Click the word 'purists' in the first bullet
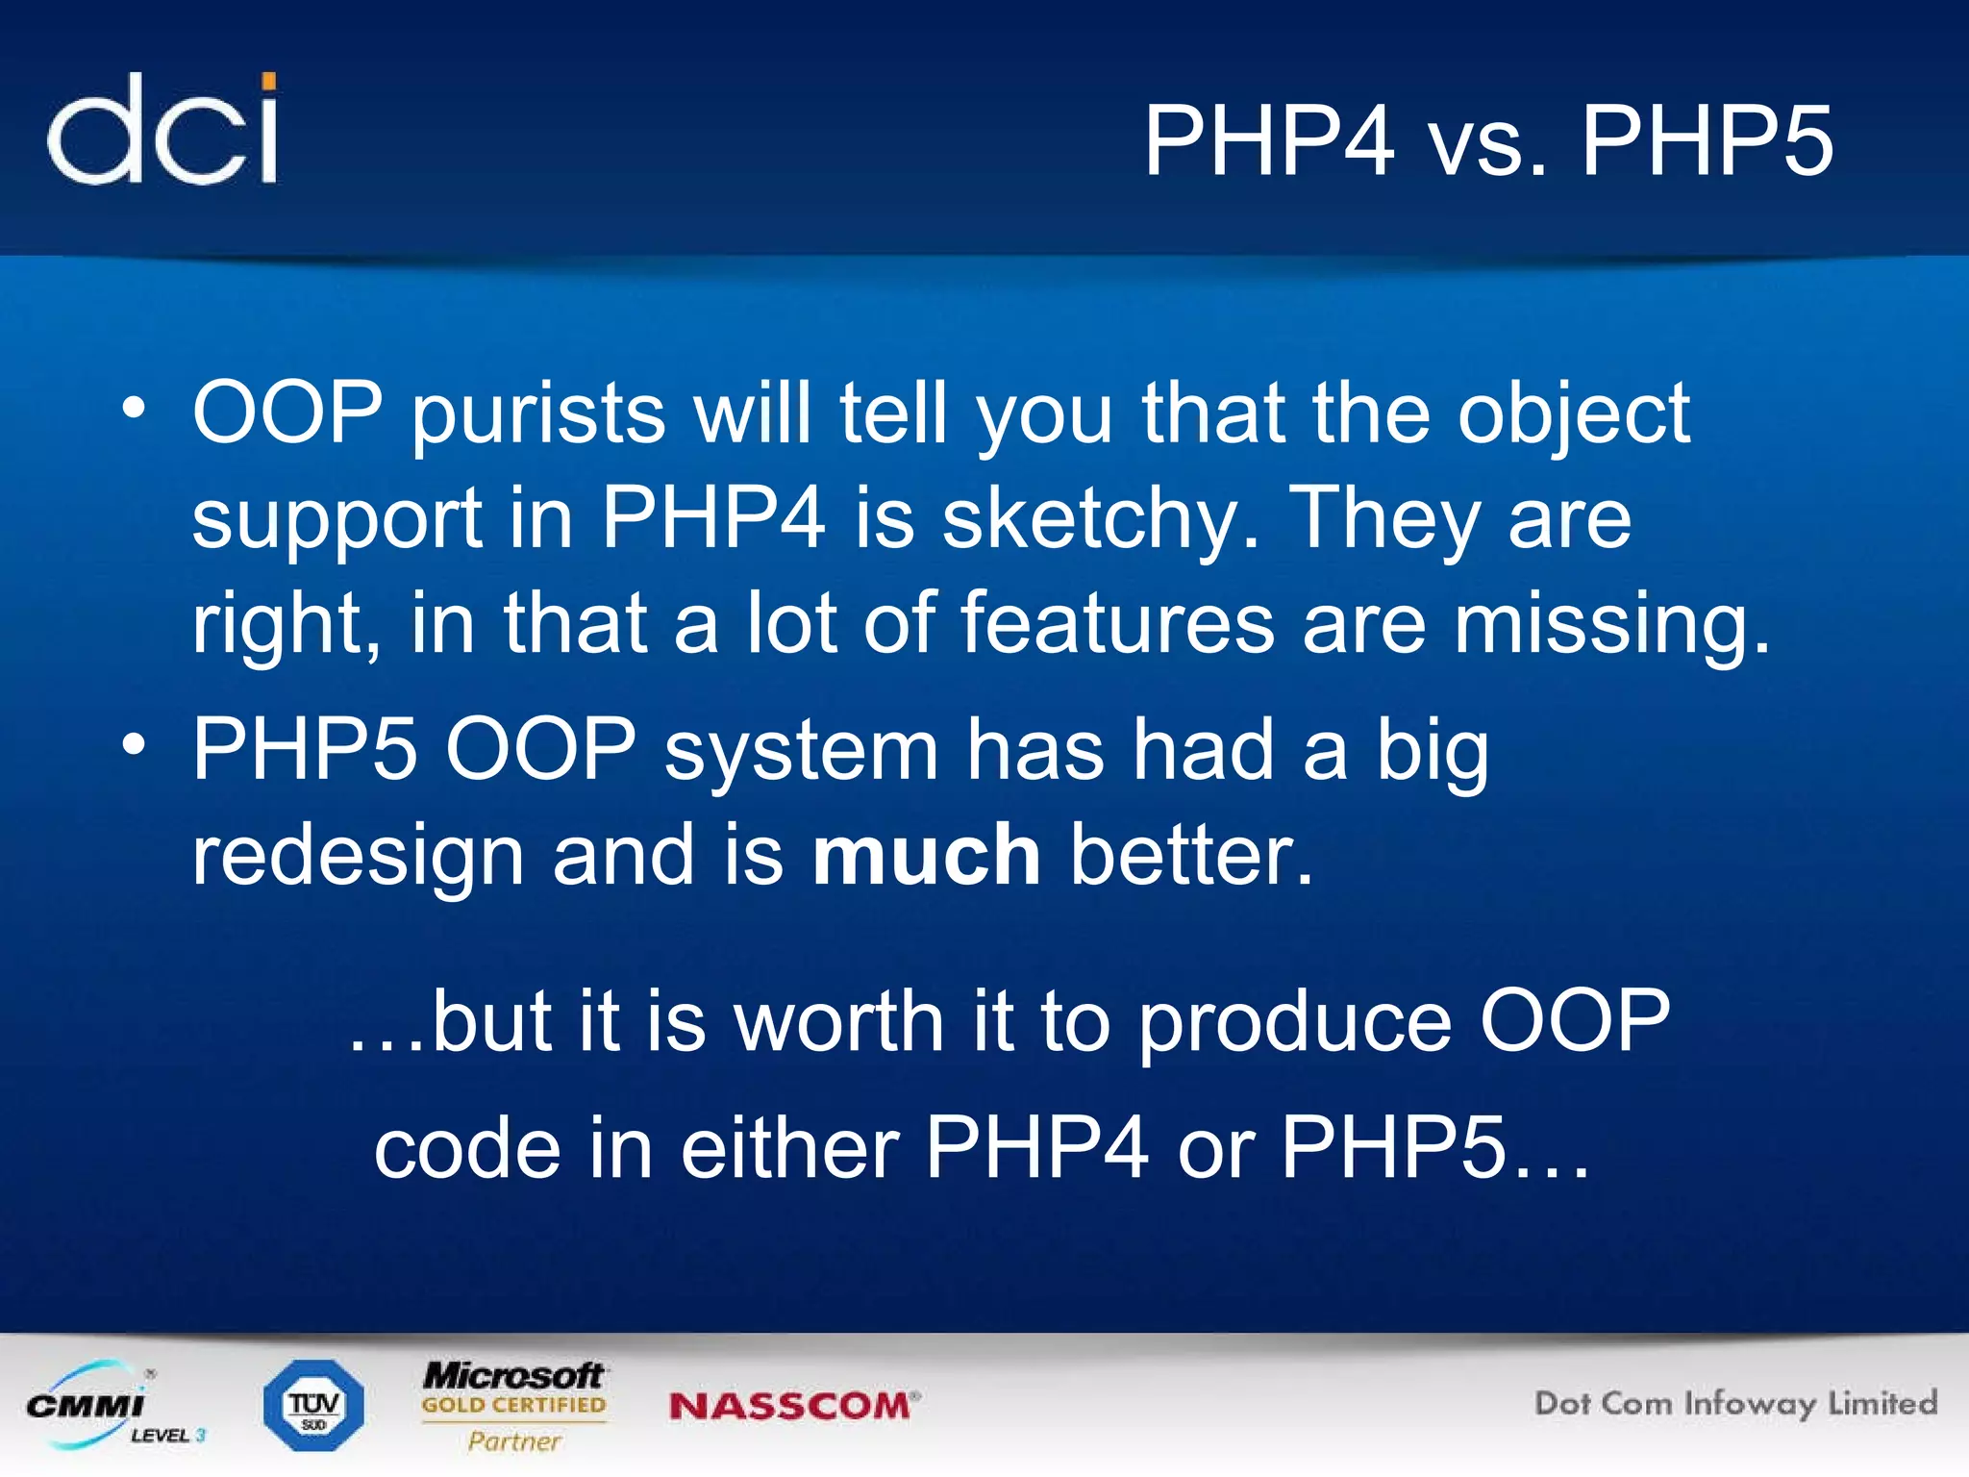538,415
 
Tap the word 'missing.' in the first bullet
1611,625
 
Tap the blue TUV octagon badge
313,1405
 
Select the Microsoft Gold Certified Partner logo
514,1405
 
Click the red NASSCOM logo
793,1406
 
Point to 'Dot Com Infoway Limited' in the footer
1735,1403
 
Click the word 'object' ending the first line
1573,415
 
